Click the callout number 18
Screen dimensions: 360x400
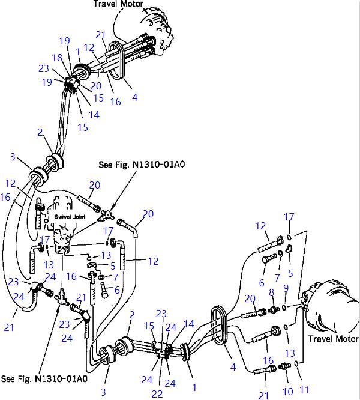click(x=58, y=58)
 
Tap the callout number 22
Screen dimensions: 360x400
click(x=157, y=394)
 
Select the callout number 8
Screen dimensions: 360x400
click(x=272, y=292)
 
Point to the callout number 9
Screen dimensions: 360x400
click(x=286, y=288)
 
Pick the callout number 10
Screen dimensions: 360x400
click(x=288, y=392)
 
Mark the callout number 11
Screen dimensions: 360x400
click(x=304, y=390)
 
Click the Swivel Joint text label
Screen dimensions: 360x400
click(x=70, y=217)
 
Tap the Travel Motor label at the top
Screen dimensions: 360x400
click(x=118, y=4)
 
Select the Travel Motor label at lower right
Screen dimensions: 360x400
click(x=333, y=339)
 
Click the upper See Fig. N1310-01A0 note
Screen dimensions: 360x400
click(x=142, y=165)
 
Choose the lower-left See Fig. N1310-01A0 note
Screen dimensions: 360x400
click(x=44, y=378)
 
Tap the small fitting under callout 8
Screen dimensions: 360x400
click(x=274, y=310)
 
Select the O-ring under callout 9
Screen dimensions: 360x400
click(x=284, y=308)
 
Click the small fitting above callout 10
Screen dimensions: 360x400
click(x=285, y=366)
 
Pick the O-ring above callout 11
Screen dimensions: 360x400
click(x=296, y=363)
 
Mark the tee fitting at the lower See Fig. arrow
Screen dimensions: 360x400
click(x=62, y=297)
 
